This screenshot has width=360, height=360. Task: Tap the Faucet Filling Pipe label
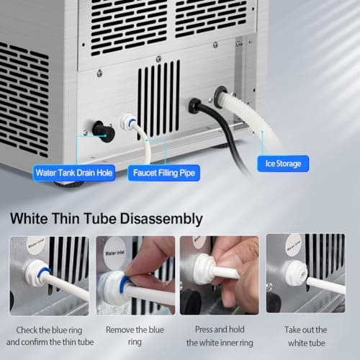[x=164, y=173]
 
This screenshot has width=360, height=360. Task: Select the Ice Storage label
[x=284, y=164]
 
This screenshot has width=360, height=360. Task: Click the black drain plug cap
[x=104, y=131]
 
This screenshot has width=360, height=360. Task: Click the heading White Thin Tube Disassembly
[x=107, y=217]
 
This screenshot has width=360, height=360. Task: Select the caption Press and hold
[x=219, y=330]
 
